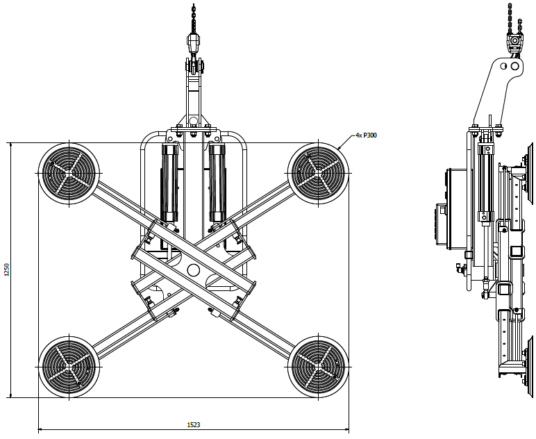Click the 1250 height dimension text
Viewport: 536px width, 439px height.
coord(7,270)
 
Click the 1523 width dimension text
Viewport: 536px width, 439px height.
coord(194,424)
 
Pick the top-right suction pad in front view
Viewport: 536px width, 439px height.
coord(319,172)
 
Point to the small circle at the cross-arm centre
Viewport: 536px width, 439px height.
coord(193,270)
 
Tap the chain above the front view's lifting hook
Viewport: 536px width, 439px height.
coord(193,17)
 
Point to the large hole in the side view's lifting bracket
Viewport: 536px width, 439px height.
coord(514,67)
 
